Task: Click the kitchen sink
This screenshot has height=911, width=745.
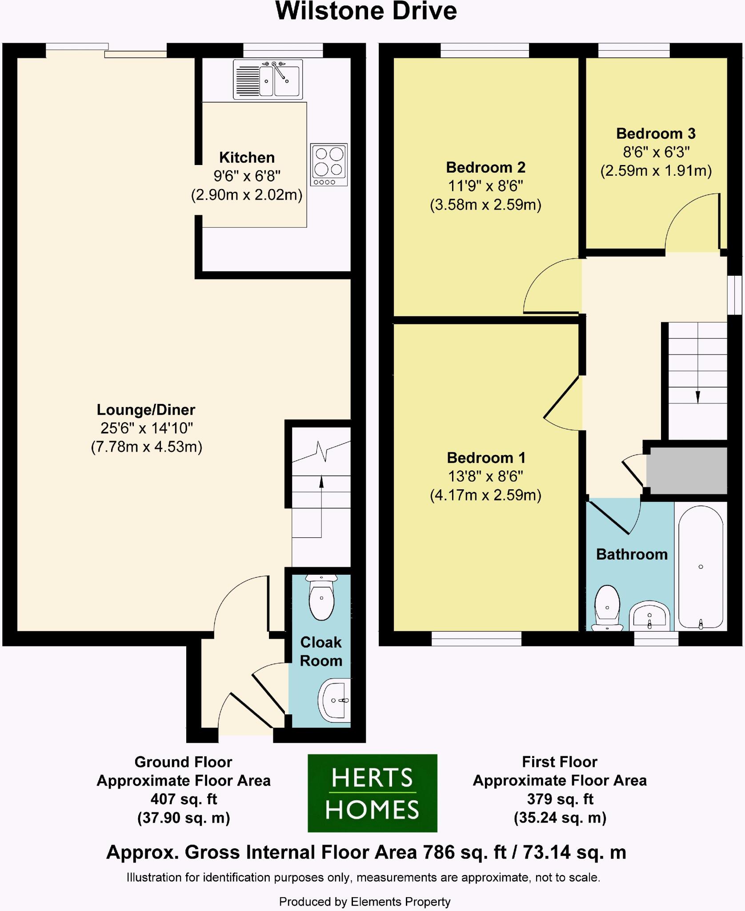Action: (x=268, y=80)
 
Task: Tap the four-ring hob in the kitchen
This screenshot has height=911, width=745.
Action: (x=329, y=165)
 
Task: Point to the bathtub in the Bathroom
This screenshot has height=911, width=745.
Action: (x=701, y=567)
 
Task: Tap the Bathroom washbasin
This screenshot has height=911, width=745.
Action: (x=649, y=616)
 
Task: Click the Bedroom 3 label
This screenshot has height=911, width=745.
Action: (x=656, y=133)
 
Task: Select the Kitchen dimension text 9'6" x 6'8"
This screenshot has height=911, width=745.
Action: (x=247, y=176)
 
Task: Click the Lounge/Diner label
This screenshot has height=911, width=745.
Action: (x=146, y=409)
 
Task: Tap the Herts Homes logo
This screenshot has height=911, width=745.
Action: (x=372, y=793)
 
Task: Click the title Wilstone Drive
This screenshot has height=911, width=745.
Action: (x=366, y=11)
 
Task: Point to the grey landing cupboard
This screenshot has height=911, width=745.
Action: (x=687, y=470)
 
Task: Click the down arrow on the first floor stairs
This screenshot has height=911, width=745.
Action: (x=697, y=396)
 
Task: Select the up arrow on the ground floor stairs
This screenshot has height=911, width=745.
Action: (x=321, y=482)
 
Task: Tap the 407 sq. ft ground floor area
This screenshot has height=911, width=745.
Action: (x=183, y=799)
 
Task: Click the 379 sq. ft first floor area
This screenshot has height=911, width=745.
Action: (x=560, y=799)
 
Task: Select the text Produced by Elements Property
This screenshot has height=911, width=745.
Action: (x=364, y=902)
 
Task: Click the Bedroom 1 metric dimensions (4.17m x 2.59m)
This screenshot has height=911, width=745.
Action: (x=485, y=495)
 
